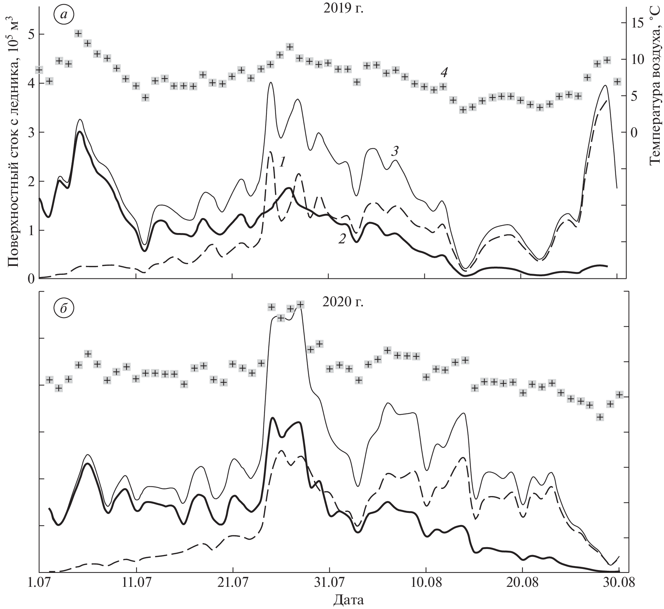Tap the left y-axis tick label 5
pyautogui.click(x=31, y=35)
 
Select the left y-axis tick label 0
pyautogui.click(x=32, y=278)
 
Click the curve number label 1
pyautogui.click(x=282, y=163)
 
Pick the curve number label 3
pyautogui.click(x=394, y=152)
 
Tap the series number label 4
pyautogui.click(x=443, y=73)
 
